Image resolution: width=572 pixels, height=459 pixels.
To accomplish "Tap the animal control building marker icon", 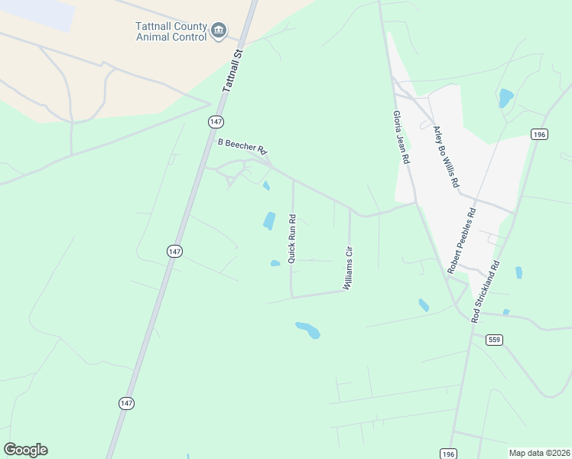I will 219,31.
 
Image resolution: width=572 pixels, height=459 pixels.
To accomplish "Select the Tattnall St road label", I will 232,72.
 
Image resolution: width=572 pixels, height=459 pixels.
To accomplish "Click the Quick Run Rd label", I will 291,239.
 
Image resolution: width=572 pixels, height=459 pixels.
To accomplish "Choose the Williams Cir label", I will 349,267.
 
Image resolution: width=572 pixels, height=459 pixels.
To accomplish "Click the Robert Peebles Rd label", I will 462,240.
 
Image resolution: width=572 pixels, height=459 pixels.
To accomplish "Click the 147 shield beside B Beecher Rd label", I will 216,122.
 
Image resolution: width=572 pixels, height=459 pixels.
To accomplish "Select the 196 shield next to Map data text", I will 449,454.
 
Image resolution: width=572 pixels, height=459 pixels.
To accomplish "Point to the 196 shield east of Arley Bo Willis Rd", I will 539,135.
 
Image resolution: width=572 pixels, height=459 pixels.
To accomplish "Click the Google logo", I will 25,450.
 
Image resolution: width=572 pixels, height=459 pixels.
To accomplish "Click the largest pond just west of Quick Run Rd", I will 269,220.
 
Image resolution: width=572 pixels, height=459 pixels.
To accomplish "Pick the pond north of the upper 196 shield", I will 505,97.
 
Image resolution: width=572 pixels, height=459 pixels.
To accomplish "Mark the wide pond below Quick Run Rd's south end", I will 307,330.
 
